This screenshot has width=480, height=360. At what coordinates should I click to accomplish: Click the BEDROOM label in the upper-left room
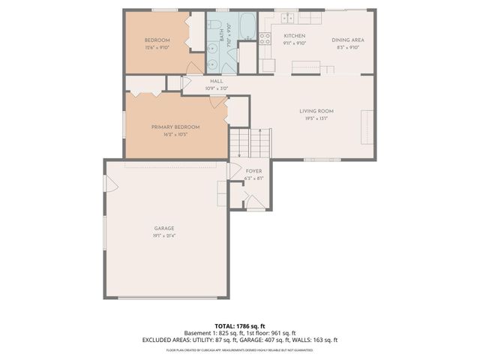[157, 40]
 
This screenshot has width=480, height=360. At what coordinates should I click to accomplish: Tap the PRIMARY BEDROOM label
[175, 127]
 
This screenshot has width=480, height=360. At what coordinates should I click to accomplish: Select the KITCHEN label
[293, 36]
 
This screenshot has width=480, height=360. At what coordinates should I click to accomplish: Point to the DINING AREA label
[347, 40]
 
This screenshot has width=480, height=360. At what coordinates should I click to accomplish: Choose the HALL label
[216, 81]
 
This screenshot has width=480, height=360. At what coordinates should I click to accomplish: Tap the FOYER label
[253, 171]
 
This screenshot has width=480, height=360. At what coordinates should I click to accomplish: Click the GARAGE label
[164, 228]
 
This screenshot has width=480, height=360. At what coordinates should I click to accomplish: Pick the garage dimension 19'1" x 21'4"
[164, 235]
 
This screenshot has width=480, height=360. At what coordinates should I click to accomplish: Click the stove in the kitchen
[265, 38]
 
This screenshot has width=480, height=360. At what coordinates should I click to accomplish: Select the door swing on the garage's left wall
[109, 183]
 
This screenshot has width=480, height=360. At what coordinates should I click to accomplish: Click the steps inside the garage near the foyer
[222, 193]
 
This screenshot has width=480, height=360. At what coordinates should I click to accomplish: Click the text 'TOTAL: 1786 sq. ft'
[240, 325]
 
